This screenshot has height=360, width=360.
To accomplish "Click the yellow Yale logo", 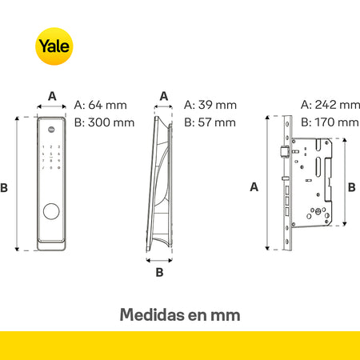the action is click(x=54, y=46).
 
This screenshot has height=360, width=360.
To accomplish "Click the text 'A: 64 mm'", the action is click(x=101, y=105).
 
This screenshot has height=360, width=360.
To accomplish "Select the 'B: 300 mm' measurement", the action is click(x=104, y=122).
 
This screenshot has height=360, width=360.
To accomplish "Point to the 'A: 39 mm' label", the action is click(x=210, y=105).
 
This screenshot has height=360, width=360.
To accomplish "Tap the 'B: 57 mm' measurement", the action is click(x=210, y=122).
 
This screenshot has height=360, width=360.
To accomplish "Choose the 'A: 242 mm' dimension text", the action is click(x=330, y=105).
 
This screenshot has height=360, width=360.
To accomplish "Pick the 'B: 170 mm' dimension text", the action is click(x=330, y=122).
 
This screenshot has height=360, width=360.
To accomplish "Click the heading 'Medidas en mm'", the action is click(x=180, y=314).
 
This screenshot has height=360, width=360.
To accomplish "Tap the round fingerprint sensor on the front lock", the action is click(x=51, y=211).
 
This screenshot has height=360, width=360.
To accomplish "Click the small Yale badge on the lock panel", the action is click(x=51, y=130).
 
